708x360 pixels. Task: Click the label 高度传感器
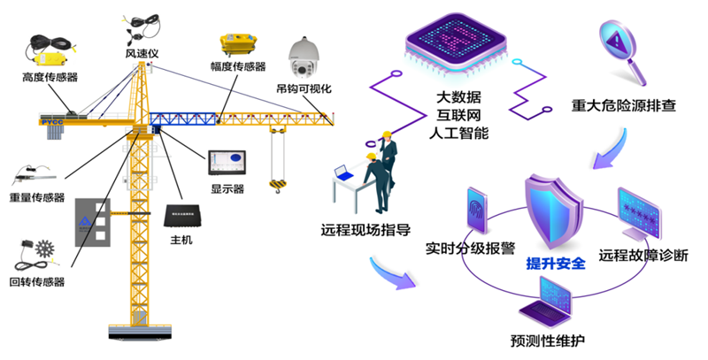coord(50,78)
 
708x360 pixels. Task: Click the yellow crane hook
coord(277,183)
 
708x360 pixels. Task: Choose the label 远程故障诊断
coord(643,256)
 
